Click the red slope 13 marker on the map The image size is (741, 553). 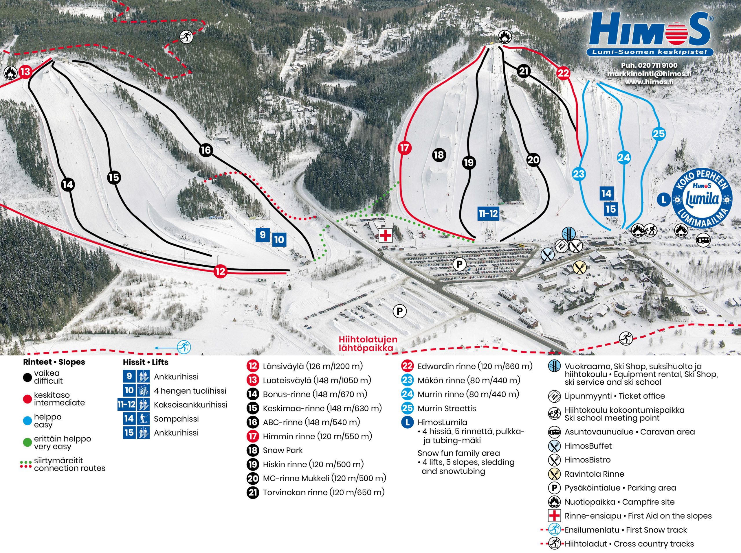pos(25,72)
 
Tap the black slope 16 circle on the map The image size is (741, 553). pos(206,150)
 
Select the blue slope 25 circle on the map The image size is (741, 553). pos(659,134)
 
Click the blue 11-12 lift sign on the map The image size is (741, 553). pos(488,213)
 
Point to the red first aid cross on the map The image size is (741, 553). pos(385,235)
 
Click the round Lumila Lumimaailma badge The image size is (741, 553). pos(702,199)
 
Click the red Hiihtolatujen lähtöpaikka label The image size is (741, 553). pos(368,343)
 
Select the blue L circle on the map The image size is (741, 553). pos(663,200)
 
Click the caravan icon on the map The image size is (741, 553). pos(703,240)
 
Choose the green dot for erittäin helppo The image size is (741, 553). pos(27,443)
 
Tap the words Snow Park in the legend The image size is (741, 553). pos(283,450)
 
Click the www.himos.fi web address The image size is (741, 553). pos(649,82)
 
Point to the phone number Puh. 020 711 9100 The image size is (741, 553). pos(649,66)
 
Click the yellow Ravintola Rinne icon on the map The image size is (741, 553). pos(579,267)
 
